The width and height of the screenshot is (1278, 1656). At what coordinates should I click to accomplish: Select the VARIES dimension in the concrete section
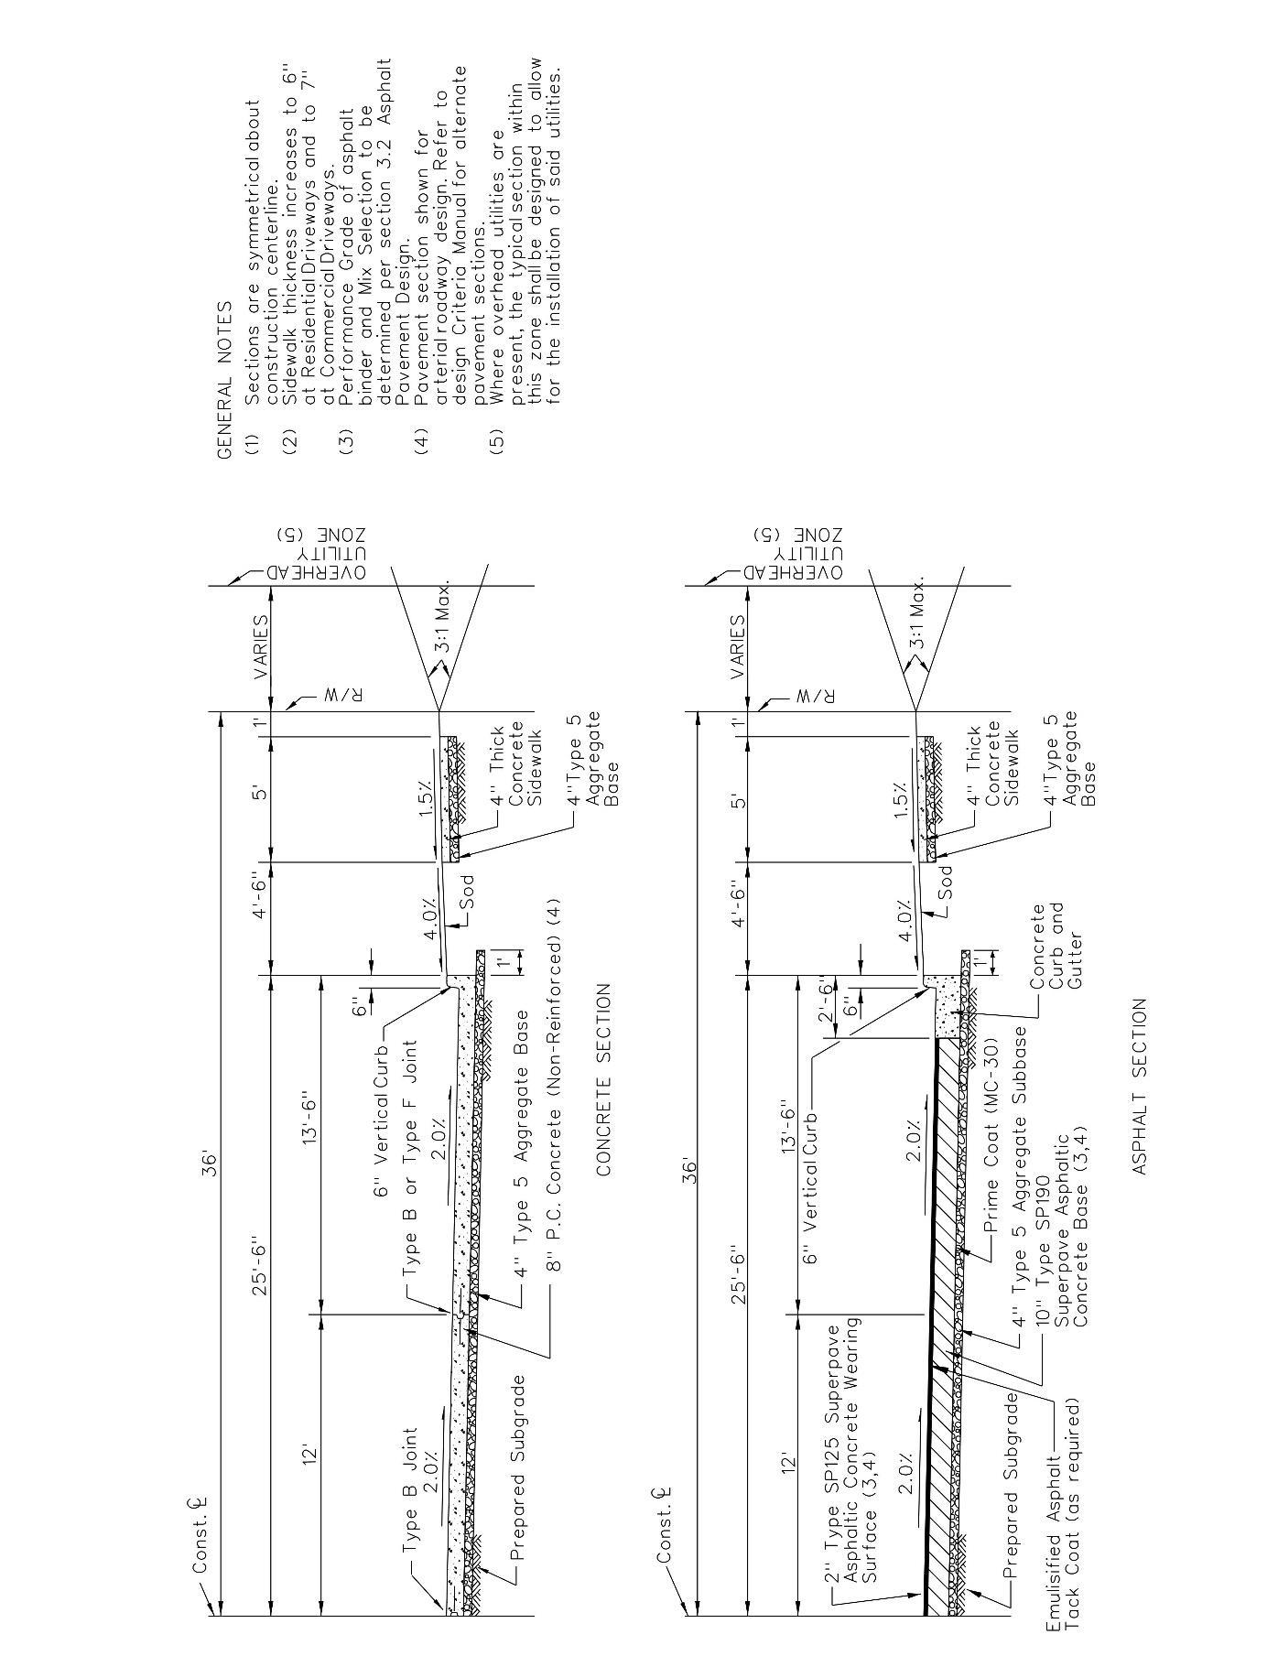pos(260,646)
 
